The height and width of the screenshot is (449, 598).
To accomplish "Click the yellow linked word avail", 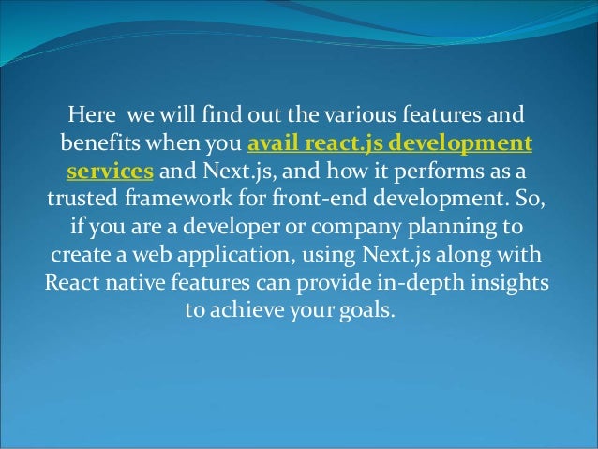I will coord(272,145).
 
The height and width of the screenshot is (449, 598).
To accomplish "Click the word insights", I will coord(510,284).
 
